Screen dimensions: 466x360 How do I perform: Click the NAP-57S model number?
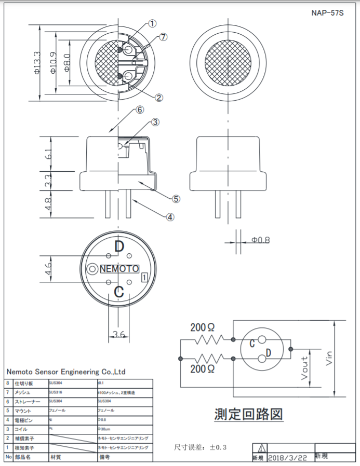(327, 12)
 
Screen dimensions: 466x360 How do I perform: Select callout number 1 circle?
(152, 23)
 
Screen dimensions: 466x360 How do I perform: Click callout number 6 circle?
(139, 110)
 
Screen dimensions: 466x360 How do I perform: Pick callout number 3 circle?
(155, 122)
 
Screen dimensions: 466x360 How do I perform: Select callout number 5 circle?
(176, 198)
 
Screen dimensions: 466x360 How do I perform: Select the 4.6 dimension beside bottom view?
(47, 268)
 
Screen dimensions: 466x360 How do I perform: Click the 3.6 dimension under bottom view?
(119, 335)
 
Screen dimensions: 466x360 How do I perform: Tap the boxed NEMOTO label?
(119, 269)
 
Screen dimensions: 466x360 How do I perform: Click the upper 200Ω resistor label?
(202, 327)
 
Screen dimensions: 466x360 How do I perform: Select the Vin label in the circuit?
(328, 358)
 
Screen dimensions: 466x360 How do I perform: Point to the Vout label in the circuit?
(305, 367)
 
